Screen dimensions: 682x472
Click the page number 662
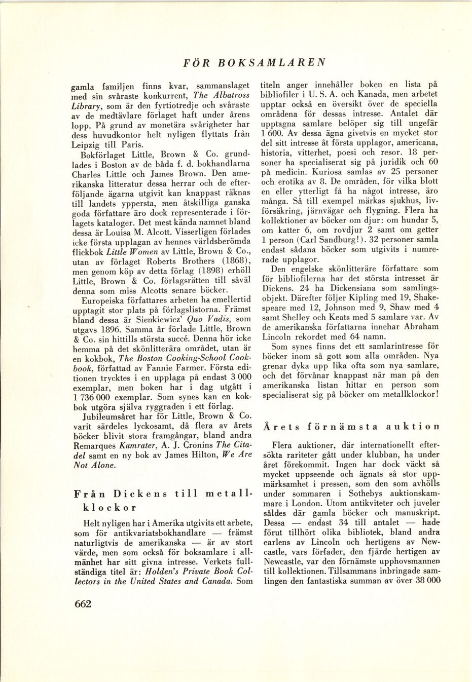83,603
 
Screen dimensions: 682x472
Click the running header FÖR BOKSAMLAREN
254,63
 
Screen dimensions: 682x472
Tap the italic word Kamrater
138,445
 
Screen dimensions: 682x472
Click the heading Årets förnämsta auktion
351,427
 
